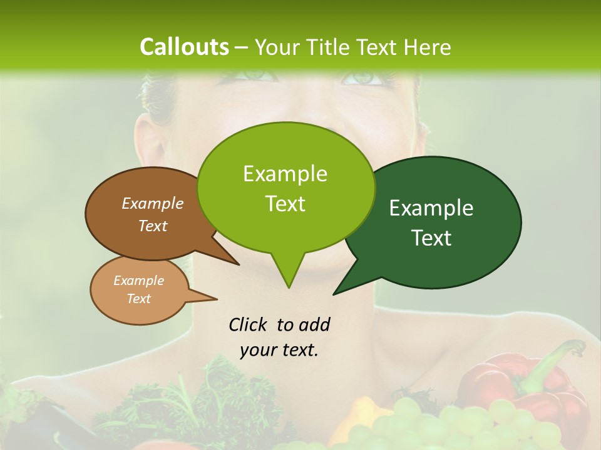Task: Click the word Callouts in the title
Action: click(x=184, y=47)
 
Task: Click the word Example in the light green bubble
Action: click(x=285, y=174)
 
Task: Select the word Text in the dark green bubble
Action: click(x=431, y=238)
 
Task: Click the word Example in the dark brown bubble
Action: click(x=153, y=203)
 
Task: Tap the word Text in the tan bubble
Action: click(x=139, y=299)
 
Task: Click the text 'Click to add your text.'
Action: click(x=279, y=337)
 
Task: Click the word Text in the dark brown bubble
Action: click(x=153, y=226)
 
